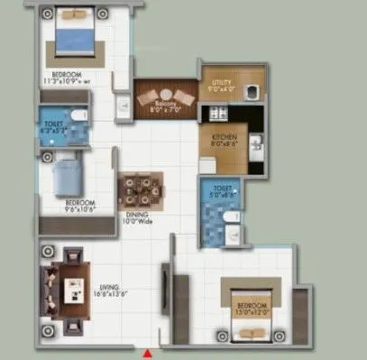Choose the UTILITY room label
(221, 87)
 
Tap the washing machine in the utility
(250, 89)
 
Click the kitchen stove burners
(216, 113)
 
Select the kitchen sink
(256, 142)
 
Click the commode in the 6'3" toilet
(79, 115)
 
